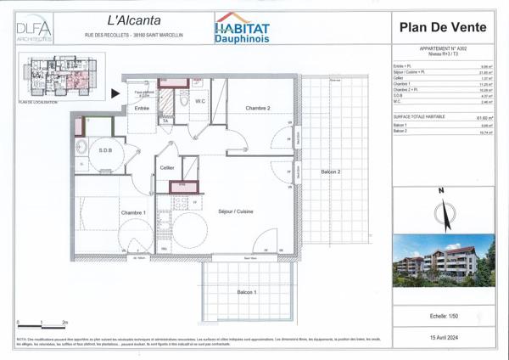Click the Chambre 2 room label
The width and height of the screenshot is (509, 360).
pos(257,109)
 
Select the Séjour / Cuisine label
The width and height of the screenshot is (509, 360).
pos(236,211)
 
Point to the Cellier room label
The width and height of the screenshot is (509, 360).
pos(167,168)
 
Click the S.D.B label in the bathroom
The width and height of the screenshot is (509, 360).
pos(105,150)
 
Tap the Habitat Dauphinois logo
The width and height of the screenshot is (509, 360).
pos(244,28)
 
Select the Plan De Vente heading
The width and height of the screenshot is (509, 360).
pos(441,27)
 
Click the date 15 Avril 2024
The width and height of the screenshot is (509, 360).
pos(441,338)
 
